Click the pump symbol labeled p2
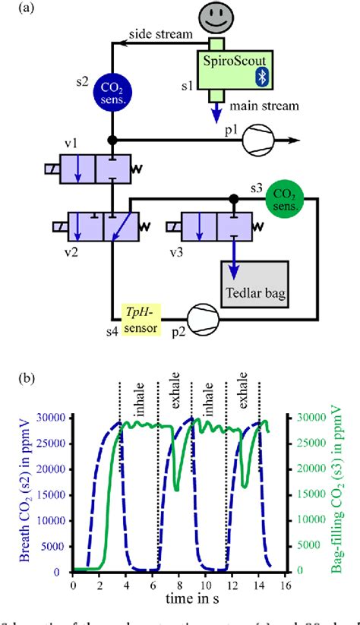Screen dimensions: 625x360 pyautogui.click(x=206, y=312)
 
